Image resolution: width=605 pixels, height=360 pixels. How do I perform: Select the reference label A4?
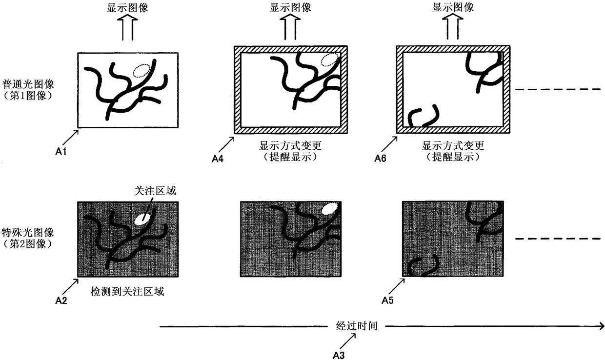click(x=217, y=158)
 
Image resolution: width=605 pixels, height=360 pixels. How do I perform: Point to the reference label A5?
click(x=388, y=301)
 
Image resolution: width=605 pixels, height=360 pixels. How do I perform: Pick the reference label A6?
click(x=381, y=158)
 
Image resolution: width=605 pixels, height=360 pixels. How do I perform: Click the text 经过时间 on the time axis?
click(x=357, y=326)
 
